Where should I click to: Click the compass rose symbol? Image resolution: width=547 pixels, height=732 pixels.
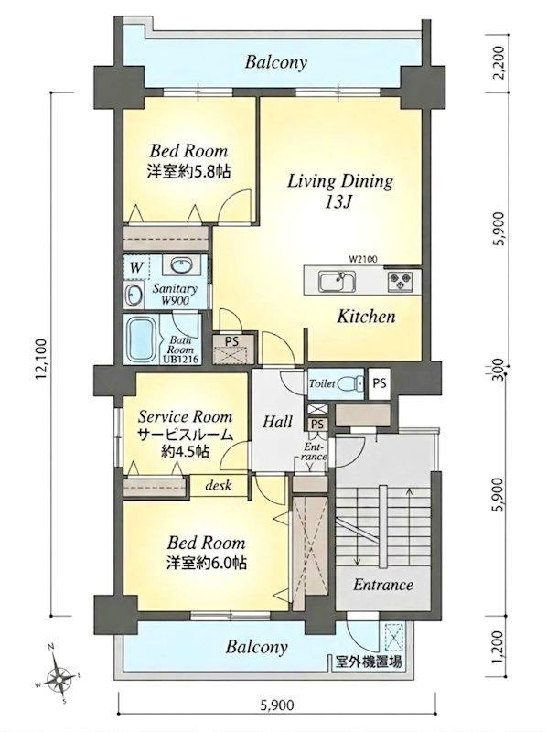click(x=59, y=673)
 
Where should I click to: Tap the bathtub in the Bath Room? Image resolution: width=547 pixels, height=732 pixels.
click(x=142, y=339)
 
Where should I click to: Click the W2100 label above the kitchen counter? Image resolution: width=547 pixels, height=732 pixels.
click(x=362, y=259)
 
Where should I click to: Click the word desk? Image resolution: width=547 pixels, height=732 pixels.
click(x=219, y=485)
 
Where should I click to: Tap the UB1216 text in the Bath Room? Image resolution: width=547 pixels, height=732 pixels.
click(x=181, y=359)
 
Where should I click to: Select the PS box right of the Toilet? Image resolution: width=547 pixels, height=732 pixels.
click(x=380, y=383)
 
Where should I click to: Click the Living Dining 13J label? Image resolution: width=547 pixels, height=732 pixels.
click(x=339, y=190)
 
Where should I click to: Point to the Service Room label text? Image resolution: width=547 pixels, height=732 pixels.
click(x=186, y=416)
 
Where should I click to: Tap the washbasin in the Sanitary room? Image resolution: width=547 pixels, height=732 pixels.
click(x=180, y=266)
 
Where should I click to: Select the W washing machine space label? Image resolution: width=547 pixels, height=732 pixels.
click(x=135, y=268)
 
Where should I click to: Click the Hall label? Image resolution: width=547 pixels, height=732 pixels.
click(x=277, y=422)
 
